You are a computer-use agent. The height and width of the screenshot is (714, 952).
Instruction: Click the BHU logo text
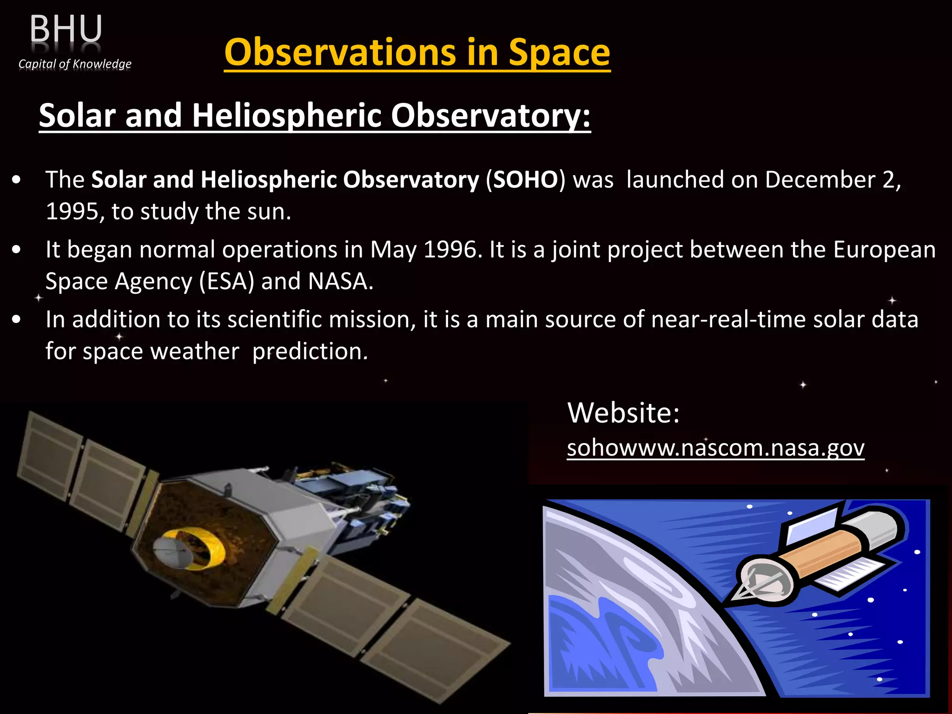pyautogui.click(x=66, y=29)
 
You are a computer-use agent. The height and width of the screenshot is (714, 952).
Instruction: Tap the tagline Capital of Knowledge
pyautogui.click(x=75, y=64)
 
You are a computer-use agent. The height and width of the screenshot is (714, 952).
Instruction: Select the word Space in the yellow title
pyautogui.click(x=559, y=52)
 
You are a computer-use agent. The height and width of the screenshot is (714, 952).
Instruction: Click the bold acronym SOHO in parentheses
pyautogui.click(x=525, y=179)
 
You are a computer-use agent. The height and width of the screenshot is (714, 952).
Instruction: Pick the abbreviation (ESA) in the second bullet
pyautogui.click(x=227, y=281)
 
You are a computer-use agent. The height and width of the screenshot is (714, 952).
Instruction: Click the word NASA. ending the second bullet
pyautogui.click(x=340, y=281)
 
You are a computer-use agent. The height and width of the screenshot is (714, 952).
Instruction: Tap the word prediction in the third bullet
pyautogui.click(x=309, y=351)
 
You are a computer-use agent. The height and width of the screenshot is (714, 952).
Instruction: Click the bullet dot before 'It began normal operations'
pyautogui.click(x=17, y=250)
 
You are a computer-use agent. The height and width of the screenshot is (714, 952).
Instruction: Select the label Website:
pyautogui.click(x=623, y=412)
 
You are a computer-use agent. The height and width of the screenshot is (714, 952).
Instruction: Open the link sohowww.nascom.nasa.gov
pyautogui.click(x=715, y=448)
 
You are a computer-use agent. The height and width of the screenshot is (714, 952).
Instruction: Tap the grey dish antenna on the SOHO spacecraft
pyautogui.click(x=171, y=553)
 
